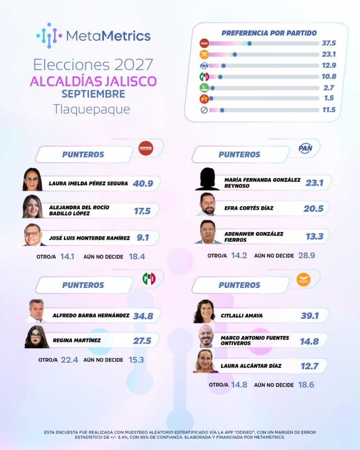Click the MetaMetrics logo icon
(x=49, y=36)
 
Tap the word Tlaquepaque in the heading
(x=91, y=109)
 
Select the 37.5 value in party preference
(x=329, y=43)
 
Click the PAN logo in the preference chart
(x=204, y=66)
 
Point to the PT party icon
(x=204, y=99)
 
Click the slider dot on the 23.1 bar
(x=235, y=54)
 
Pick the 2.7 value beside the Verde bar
(x=329, y=87)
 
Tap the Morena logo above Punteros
(x=146, y=148)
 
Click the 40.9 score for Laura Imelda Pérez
(x=143, y=183)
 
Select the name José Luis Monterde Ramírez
(x=89, y=238)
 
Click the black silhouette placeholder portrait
(x=207, y=179)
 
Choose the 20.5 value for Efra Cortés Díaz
(x=313, y=209)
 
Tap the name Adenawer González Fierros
(x=254, y=237)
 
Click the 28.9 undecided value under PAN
(x=307, y=255)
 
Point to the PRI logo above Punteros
(x=149, y=279)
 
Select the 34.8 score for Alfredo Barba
(x=143, y=316)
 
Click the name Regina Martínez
(x=76, y=341)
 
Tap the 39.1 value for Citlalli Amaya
(x=310, y=316)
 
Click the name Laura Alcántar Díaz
(x=251, y=366)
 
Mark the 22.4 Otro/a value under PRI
(x=69, y=360)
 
